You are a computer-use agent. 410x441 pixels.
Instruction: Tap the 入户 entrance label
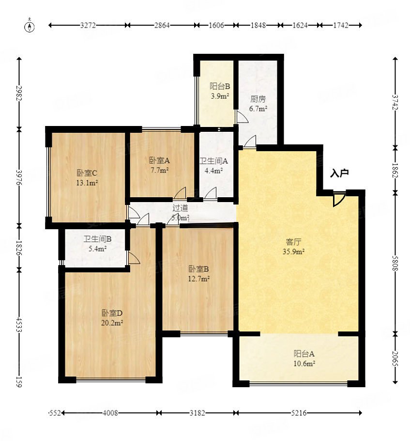coord(339,173)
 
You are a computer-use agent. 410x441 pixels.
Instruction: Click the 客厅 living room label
coord(293,242)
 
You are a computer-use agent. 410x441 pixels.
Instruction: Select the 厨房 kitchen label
coord(258,99)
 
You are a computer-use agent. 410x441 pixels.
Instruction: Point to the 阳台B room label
coord(220,86)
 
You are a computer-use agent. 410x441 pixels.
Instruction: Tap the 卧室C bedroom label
coord(87,173)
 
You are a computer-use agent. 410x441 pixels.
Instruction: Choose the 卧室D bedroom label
coord(112,313)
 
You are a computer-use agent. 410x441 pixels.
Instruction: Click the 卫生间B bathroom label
coord(97,239)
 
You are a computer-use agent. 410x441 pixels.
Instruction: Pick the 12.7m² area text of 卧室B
coord(199,279)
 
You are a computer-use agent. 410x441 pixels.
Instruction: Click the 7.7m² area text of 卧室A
coord(159,170)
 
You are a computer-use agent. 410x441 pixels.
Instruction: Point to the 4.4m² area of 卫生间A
coord(213,171)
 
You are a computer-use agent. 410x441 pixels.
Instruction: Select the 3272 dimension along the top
coord(88,25)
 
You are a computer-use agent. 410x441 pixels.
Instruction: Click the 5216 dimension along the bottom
coord(299,413)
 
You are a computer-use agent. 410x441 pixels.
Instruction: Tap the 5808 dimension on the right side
coord(395,263)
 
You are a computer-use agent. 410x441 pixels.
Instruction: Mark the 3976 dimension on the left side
coord(19,177)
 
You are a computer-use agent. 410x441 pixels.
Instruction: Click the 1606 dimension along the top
coord(216,25)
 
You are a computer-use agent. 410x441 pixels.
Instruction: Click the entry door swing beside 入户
coord(339,199)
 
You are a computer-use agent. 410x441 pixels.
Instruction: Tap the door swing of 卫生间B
coord(134,258)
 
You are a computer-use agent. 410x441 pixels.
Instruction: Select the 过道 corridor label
coord(180,208)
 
